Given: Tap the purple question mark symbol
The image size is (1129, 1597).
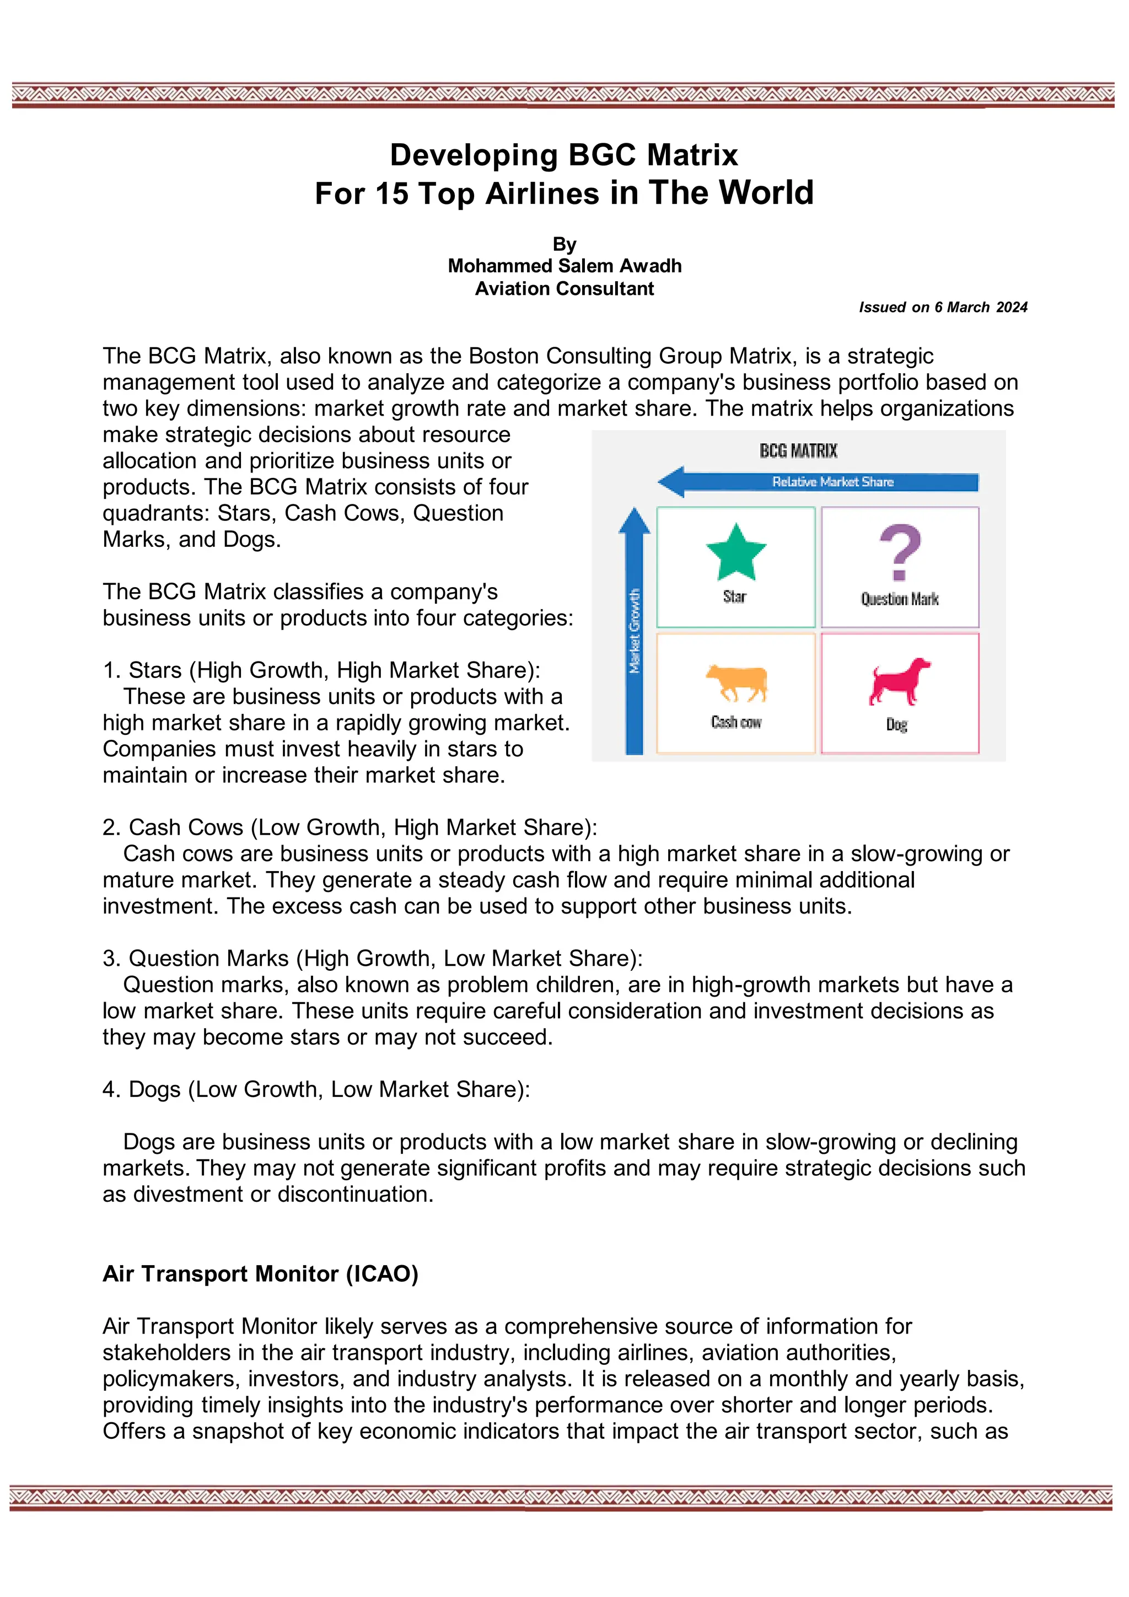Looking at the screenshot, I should pos(900,552).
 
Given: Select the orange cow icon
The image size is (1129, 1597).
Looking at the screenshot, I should pos(736,682).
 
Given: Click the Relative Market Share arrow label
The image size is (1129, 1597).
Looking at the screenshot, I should pos(832,481).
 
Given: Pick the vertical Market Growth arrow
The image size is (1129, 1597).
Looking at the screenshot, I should pos(634,630).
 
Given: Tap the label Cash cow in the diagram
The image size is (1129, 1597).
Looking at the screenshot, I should pos(736,723).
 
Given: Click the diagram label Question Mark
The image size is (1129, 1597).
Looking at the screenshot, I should pos(900,599).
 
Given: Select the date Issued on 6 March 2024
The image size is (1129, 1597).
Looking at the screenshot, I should pos(943,308).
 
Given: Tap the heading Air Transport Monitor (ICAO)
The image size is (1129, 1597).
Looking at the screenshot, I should pos(260,1273).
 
